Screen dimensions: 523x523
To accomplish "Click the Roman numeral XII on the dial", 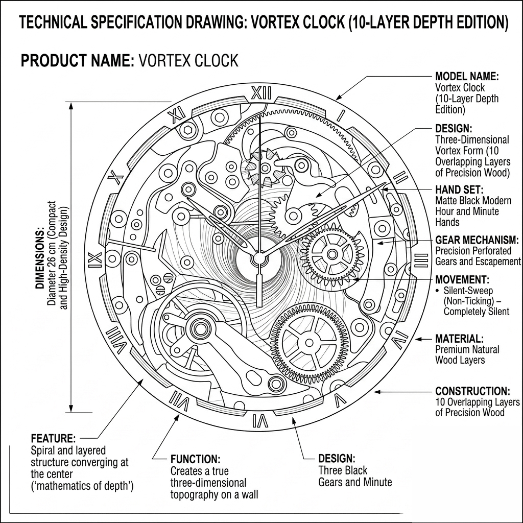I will click(262, 93).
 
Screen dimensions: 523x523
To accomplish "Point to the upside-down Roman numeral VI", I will click(260, 421).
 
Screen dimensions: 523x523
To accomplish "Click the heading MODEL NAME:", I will click(466, 77).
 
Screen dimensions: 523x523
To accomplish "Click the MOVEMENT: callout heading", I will click(462, 280).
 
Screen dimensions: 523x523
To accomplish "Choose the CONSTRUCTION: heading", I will click(472, 391).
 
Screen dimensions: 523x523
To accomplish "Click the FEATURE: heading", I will click(53, 438).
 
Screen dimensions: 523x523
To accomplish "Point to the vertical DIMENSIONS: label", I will click(40, 260).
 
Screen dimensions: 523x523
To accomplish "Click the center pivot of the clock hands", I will click(258, 258).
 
